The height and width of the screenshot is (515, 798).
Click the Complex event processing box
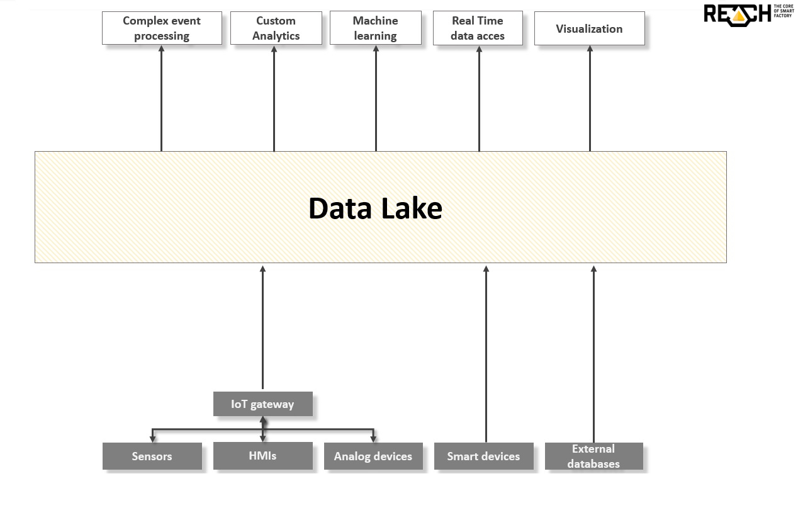(x=162, y=28)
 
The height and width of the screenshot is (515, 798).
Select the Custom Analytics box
(x=276, y=28)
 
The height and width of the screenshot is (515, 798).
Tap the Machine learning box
(x=375, y=28)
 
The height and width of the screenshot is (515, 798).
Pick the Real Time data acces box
(x=478, y=28)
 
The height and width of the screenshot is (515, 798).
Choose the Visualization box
(x=589, y=28)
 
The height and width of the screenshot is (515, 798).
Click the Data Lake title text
(x=375, y=208)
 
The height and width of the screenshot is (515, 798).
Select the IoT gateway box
(x=262, y=404)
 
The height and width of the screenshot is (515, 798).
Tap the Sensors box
(x=152, y=456)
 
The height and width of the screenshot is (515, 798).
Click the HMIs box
(x=262, y=456)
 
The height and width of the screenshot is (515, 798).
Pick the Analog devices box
(x=373, y=456)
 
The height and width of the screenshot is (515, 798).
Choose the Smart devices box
(x=483, y=456)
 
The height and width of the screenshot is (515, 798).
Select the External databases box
(x=593, y=456)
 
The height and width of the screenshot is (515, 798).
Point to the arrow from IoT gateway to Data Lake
(x=262, y=327)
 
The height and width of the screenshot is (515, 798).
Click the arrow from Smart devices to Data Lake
(x=486, y=353)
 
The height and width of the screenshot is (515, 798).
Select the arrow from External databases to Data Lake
(x=593, y=353)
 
